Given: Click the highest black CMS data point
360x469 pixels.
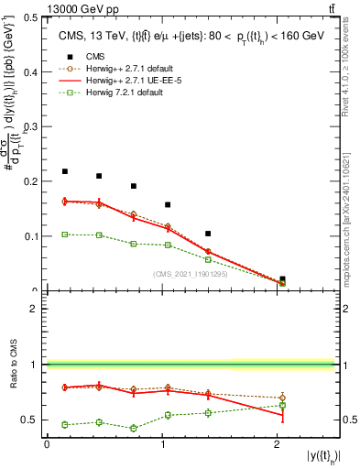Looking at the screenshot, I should coord(65,171).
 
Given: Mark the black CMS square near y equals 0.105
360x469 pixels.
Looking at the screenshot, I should coord(208,234).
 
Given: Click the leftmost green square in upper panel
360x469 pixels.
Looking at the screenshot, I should coord(65,234).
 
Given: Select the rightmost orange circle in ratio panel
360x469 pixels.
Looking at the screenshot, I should coord(282,398).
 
